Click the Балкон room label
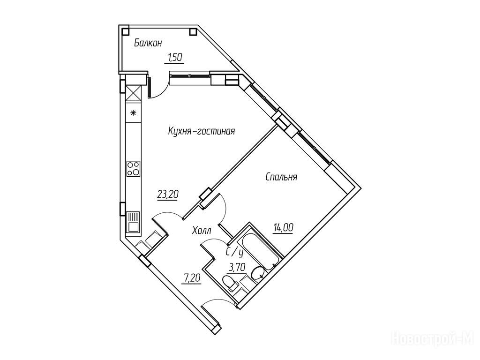[148, 43]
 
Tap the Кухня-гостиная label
[201, 131]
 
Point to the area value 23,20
[167, 194]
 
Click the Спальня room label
[281, 177]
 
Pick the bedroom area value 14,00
[284, 228]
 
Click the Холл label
[202, 231]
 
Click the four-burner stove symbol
[133, 168]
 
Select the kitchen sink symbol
[133, 222]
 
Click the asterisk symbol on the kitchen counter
[133, 112]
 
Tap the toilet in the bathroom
[230, 283]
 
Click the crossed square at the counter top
[133, 93]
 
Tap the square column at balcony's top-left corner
[125, 31]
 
